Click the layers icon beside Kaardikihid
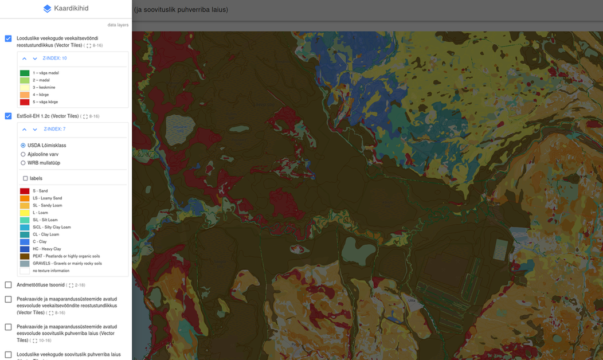(48, 9)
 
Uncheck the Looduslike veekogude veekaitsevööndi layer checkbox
(8, 38)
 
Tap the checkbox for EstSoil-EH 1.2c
(8, 116)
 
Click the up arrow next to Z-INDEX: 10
(25, 58)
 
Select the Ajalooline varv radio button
(23, 154)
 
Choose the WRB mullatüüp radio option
(23, 163)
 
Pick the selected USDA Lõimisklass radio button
(23, 146)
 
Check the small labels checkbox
(25, 178)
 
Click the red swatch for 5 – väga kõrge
(25, 102)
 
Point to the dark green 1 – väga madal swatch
(25, 73)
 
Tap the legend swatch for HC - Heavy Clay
(25, 249)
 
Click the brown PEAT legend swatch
(25, 256)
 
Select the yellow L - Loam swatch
(25, 213)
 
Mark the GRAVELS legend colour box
(25, 264)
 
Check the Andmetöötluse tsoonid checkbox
(8, 285)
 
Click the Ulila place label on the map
(412, 300)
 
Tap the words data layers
(118, 25)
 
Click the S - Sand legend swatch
(25, 191)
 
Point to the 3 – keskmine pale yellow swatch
(25, 88)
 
